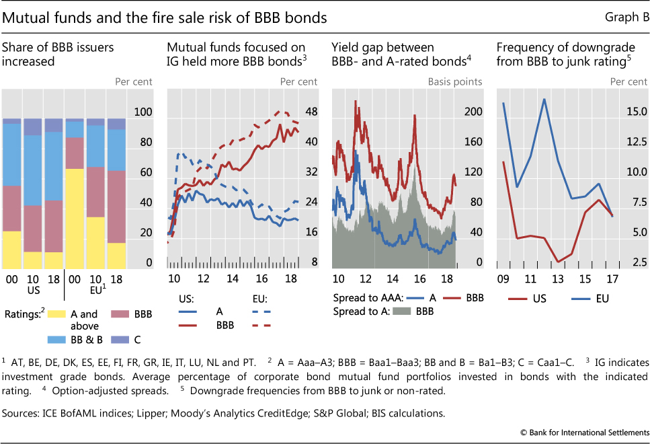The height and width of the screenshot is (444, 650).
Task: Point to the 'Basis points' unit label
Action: [455, 82]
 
